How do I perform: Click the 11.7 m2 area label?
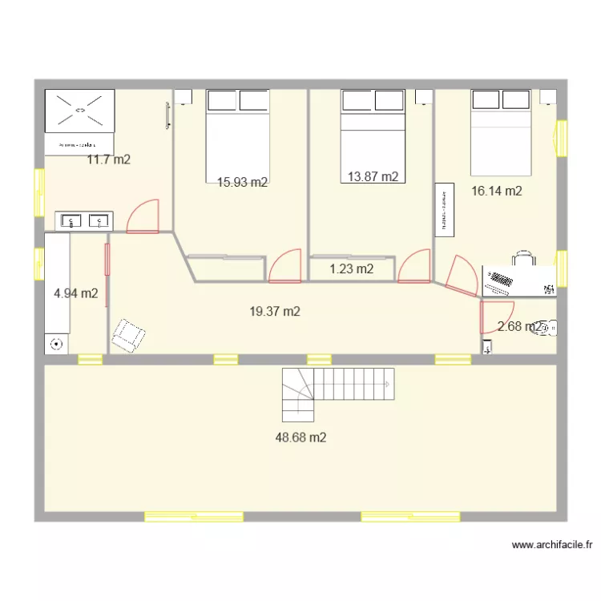coord(108,159)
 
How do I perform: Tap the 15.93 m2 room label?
coord(242,182)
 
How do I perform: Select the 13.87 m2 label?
coord(373,177)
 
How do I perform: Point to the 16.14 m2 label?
coord(497,191)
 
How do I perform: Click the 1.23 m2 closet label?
coord(351,269)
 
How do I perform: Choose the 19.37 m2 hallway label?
coord(275,312)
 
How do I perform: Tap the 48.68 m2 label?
coord(300,438)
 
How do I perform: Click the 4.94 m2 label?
coord(75,293)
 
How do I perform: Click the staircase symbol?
coord(337,393)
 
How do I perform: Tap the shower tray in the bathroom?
coord(79,111)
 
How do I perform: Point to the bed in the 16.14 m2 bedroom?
coord(501,131)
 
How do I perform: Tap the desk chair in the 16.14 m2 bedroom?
coord(523,257)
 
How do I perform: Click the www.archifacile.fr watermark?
coord(552,545)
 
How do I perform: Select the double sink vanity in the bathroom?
coord(84,220)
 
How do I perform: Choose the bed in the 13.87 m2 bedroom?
coord(373,128)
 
